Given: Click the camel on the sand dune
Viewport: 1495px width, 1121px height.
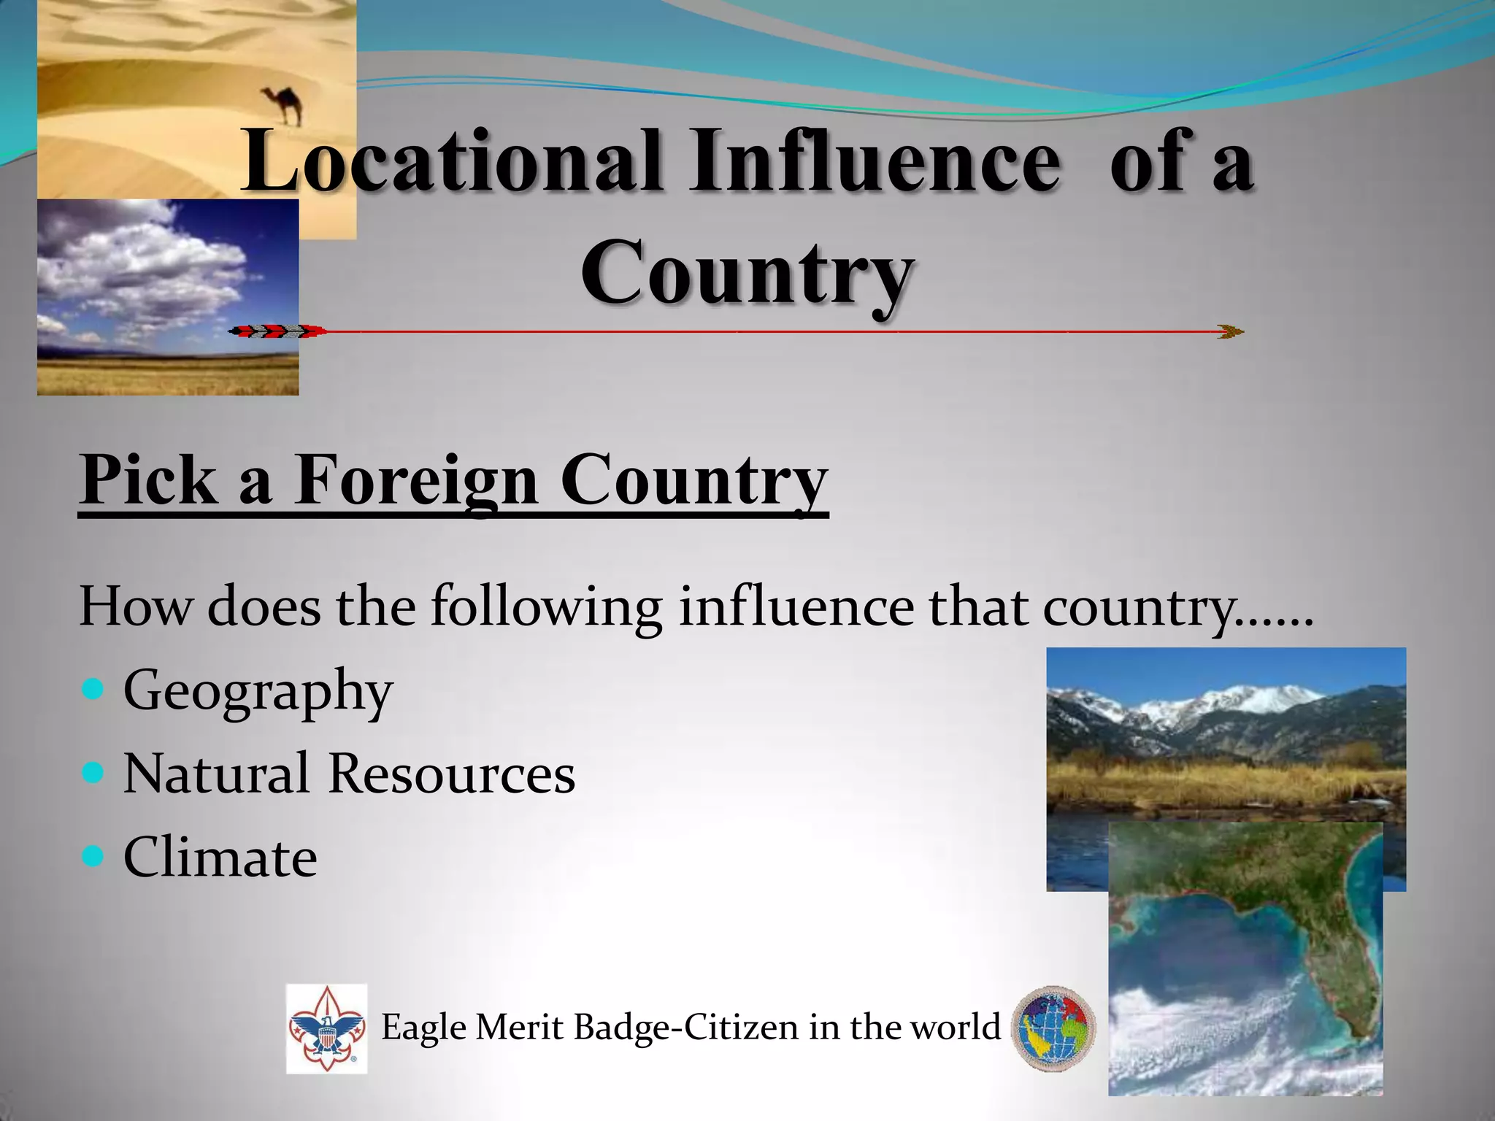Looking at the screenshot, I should [x=282, y=104].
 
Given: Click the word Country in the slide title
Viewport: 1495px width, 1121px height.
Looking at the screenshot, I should [x=746, y=274].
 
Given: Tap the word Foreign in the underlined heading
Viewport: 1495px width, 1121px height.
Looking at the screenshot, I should [x=416, y=479].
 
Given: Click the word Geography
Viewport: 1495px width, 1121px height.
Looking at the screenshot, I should [x=258, y=690].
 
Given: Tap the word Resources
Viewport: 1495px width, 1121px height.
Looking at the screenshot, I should [x=451, y=774].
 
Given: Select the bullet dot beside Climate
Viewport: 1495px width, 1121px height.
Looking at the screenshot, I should [x=93, y=855].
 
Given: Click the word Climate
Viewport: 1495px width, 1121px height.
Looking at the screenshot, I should [x=220, y=857].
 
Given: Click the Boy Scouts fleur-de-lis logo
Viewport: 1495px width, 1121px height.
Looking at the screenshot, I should [x=326, y=1028].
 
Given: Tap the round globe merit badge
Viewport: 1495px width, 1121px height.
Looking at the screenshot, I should [x=1053, y=1028].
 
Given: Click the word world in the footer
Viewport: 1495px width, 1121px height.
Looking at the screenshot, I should [x=956, y=1027].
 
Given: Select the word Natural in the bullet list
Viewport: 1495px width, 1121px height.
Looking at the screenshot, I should [x=215, y=774].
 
